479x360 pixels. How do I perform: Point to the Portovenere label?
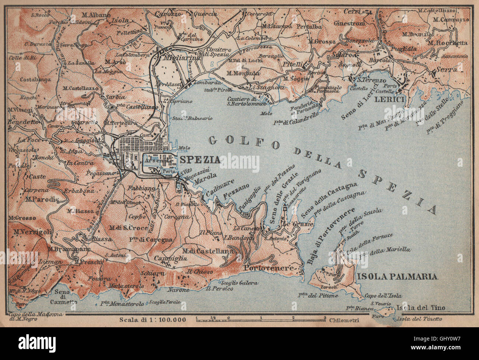270,268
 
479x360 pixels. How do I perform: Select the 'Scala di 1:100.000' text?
153,319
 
